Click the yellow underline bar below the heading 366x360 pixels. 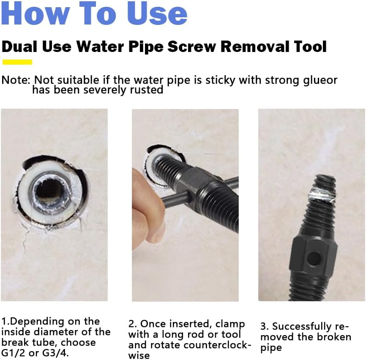[x=17, y=62]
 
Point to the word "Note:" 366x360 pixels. [x=16, y=80]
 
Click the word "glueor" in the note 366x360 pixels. [x=320, y=80]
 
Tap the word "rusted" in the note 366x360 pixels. [x=146, y=90]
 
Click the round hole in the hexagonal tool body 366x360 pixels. [x=313, y=258]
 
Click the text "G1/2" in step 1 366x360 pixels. [x=14, y=353]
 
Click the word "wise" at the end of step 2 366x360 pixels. [x=139, y=355]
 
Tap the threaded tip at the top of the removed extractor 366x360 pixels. [x=325, y=182]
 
